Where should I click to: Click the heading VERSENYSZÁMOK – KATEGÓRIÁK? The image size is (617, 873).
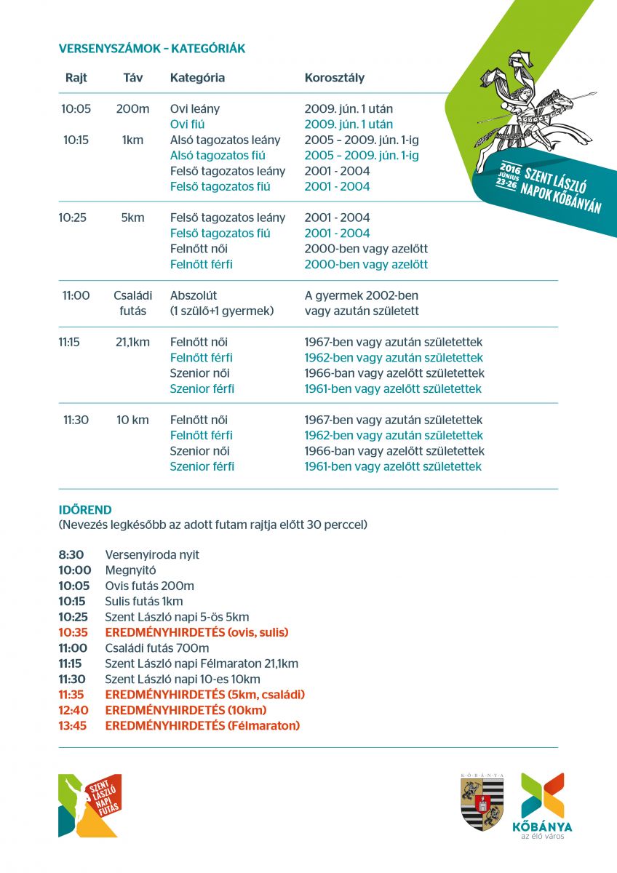151,49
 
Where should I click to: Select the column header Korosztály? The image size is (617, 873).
335,78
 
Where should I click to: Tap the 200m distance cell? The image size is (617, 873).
132,109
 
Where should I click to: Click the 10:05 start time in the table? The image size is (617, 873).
76,109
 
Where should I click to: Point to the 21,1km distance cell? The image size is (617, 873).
132,342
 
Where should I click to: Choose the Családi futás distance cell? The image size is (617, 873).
131,303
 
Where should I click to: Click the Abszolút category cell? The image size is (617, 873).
194,296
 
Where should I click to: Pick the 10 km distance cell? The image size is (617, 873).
132,420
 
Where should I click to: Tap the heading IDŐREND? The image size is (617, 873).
85,510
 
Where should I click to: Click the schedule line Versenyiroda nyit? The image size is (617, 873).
152,555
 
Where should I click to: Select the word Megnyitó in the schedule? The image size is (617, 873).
130,570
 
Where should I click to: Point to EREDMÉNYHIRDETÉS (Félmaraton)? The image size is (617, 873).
202,725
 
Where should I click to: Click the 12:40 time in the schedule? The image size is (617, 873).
72,710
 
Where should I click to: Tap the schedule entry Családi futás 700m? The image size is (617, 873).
157,648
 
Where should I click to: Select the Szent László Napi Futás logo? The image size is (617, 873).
89,805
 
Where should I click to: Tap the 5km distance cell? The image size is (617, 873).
132,218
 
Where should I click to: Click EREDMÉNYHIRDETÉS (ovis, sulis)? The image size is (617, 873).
196,632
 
